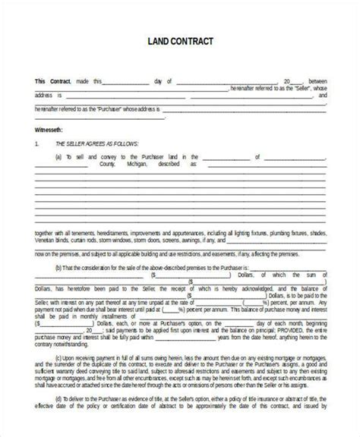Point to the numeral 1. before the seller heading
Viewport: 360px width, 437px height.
click(x=36, y=143)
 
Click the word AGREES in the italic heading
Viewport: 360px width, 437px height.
click(x=89, y=143)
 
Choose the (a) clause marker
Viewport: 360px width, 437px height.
click(x=58, y=156)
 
